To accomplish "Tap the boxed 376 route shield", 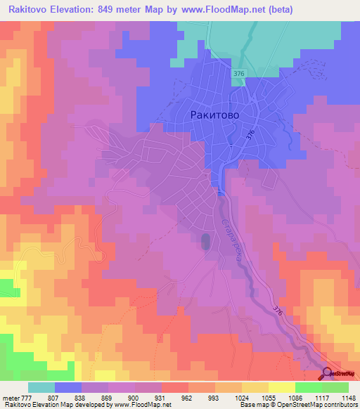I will [x=239, y=74].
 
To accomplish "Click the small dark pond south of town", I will [x=205, y=242].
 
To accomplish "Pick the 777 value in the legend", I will [x=28, y=397].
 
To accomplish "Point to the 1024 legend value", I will [x=241, y=397].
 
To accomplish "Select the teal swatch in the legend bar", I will [x=41, y=387].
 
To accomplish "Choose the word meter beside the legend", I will [x=10, y=397].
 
